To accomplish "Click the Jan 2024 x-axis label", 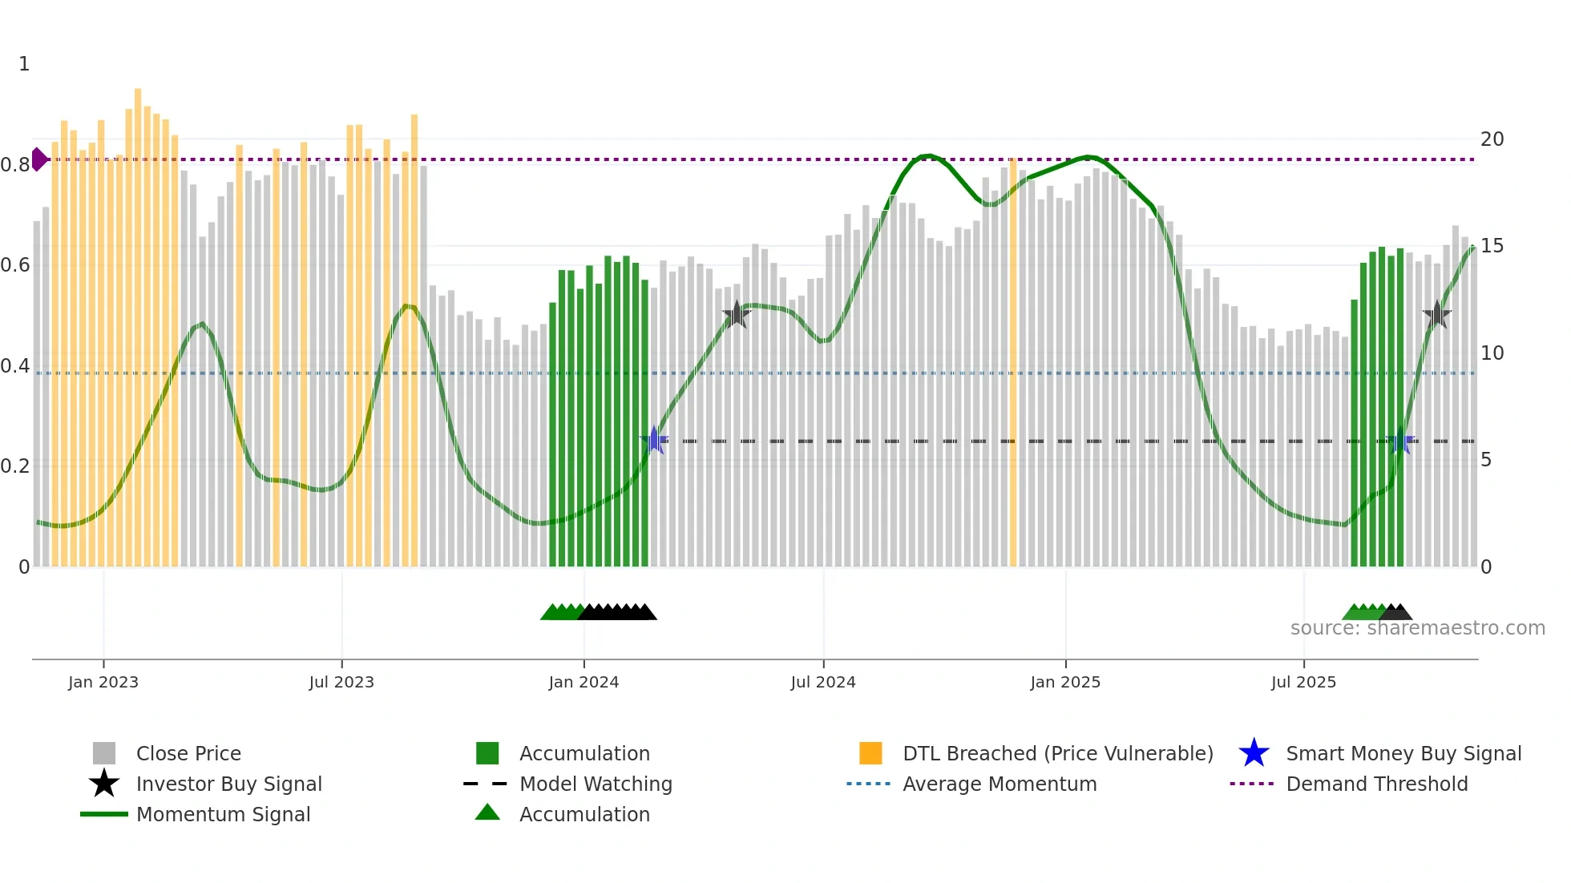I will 584,682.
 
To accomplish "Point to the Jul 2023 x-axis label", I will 341,682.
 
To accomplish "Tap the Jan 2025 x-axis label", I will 1065,682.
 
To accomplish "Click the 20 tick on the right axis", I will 1492,139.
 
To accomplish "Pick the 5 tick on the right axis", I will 1486,460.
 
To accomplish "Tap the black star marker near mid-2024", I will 737,315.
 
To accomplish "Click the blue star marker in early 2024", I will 654,440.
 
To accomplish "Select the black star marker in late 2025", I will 1437,315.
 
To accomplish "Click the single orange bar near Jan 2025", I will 1013,361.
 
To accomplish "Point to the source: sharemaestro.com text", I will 1417,628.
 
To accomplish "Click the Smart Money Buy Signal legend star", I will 1254,753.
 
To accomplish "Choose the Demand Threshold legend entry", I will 1376,784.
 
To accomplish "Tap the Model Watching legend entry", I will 595,784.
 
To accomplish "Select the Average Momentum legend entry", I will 999,784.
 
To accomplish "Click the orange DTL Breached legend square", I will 870,753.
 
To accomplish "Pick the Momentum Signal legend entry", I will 223,814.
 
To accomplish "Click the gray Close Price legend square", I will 104,753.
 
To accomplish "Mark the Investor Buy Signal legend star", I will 104,784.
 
